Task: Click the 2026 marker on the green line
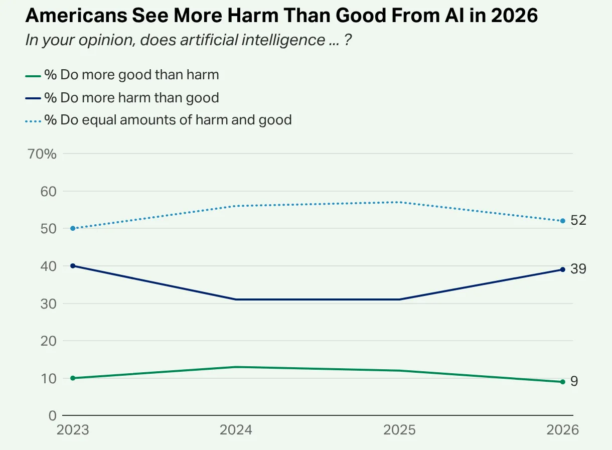pos(562,382)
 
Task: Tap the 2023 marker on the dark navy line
pos(73,266)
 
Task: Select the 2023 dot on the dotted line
pos(73,228)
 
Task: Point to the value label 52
pos(578,220)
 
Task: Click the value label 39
pos(578,269)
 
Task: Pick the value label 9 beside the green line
pos(574,381)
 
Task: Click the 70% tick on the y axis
pos(42,154)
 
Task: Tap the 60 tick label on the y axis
pos(48,192)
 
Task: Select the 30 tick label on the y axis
pos(48,304)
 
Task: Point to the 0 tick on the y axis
pos(53,415)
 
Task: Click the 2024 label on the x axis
pos(236,430)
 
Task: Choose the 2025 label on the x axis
pos(399,430)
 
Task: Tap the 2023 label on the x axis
pos(73,430)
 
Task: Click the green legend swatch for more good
pos(33,76)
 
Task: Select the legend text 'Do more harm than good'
pos(139,97)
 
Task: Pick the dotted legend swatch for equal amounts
pos(33,121)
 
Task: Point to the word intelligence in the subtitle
pos(283,40)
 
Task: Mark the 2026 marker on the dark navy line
pos(562,270)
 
